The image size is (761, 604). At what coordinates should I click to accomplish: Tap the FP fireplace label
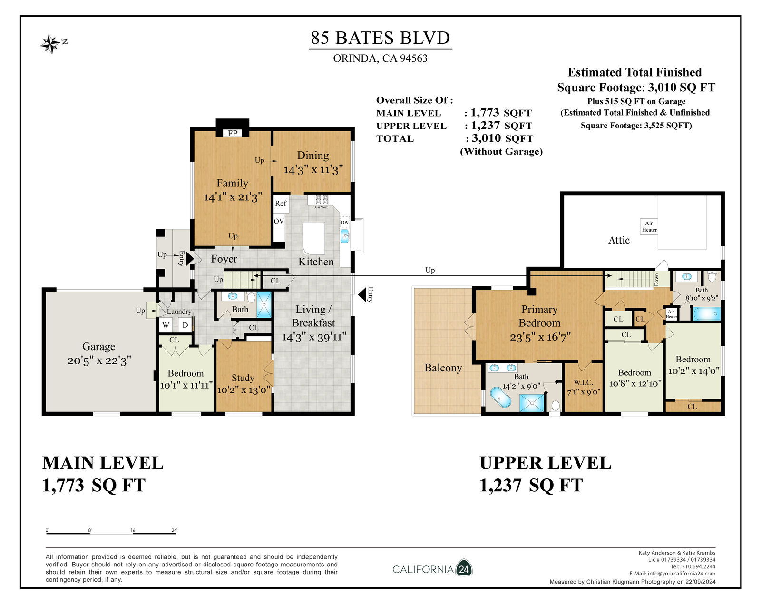click(232, 133)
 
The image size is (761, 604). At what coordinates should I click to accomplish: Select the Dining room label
click(313, 155)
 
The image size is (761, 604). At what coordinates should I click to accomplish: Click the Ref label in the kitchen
click(281, 204)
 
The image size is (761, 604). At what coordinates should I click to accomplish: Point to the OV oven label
click(279, 221)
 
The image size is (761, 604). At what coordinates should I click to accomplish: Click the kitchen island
click(314, 238)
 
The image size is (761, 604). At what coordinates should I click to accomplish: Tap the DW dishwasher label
click(344, 223)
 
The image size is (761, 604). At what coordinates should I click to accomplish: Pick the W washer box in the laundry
click(166, 325)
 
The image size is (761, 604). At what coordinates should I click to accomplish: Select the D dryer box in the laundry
click(185, 325)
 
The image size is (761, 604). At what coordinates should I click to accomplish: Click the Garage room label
click(98, 347)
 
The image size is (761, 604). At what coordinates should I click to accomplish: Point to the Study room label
click(243, 378)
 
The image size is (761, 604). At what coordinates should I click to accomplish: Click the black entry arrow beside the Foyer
click(190, 259)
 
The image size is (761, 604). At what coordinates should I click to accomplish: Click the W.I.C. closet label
click(584, 383)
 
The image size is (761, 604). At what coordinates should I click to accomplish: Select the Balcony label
click(443, 368)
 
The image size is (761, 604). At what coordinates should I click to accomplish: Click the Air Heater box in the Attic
click(649, 226)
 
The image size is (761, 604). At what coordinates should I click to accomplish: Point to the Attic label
click(619, 240)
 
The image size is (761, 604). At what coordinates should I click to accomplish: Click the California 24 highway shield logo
click(464, 569)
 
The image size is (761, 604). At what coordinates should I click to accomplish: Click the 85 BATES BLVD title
click(380, 38)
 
